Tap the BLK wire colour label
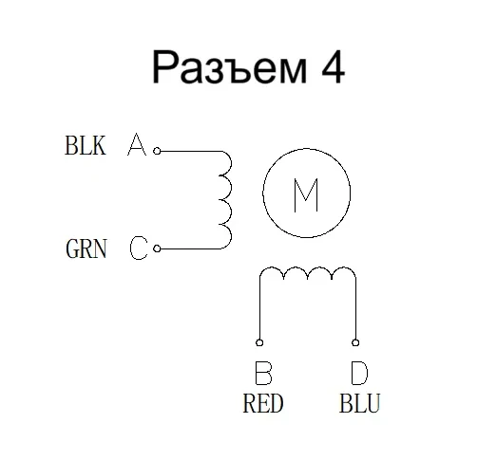point(85,147)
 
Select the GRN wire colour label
point(86,250)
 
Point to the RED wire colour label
point(263,404)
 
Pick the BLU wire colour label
point(359,404)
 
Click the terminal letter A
point(137,146)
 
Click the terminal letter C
point(138,249)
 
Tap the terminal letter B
point(262,372)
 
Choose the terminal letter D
point(356,372)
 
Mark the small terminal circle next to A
point(157,150)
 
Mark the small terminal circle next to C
point(157,248)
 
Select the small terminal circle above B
point(259,343)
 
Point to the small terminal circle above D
point(355,343)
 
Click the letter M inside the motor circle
point(305,195)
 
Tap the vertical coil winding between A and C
point(226,199)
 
